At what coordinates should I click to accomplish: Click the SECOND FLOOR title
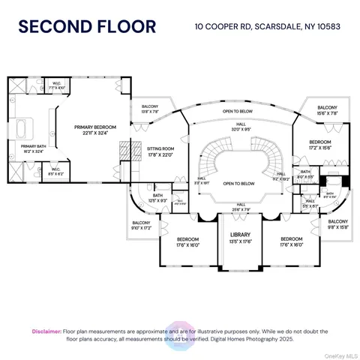(x=87, y=28)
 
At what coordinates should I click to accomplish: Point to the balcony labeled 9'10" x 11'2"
(x=140, y=226)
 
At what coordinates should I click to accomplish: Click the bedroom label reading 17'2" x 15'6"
(x=319, y=144)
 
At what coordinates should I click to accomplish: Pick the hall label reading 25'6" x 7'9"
(x=241, y=207)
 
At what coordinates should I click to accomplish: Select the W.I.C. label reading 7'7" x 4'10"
(x=57, y=85)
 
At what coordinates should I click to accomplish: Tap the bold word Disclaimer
(x=46, y=331)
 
